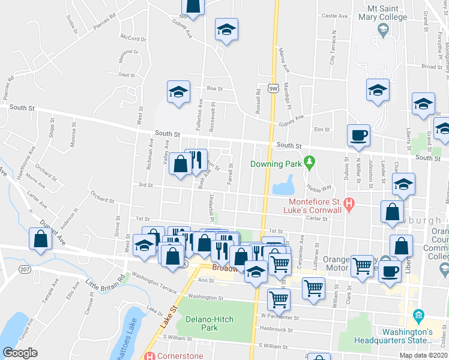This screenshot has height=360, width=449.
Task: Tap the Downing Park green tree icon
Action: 309,162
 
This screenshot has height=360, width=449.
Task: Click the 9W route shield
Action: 273,88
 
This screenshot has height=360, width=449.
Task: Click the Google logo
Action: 20,353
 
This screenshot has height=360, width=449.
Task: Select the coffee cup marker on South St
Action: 358,135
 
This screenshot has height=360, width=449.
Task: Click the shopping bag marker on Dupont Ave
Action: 40,239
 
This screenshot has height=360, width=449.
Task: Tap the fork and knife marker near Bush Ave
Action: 196,160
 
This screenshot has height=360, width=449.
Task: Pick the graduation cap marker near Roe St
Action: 178,92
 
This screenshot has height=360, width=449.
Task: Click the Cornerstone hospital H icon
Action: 150,355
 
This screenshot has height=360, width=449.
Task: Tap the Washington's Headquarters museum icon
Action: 419,316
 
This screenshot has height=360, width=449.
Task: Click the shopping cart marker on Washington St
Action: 279,298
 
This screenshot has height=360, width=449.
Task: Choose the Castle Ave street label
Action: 335,16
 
